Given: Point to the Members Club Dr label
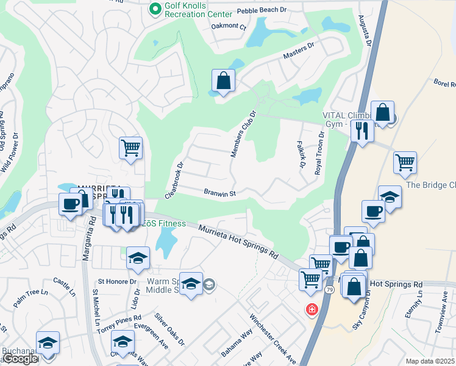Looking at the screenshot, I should (242, 134).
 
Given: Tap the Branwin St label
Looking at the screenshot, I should (219, 192).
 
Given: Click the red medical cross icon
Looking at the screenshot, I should (312, 310).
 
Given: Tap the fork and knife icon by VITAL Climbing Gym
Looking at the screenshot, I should (363, 131).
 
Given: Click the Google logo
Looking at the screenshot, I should (20, 359).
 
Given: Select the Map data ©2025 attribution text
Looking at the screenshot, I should (430, 361).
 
